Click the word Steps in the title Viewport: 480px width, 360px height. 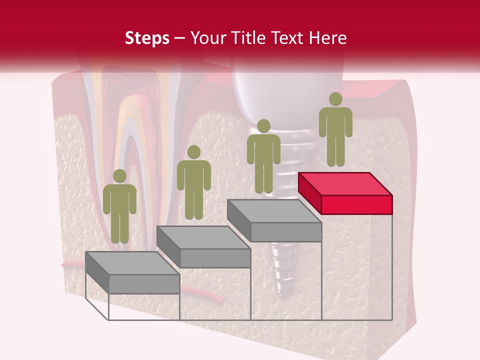(x=147, y=38)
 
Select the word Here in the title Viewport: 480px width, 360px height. (x=326, y=38)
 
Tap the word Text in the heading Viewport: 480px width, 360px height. (x=287, y=38)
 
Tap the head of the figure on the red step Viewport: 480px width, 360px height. (x=335, y=99)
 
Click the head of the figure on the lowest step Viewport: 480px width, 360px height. (x=119, y=176)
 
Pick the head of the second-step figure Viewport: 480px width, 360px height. (x=193, y=152)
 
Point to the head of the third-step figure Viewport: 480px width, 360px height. (x=263, y=126)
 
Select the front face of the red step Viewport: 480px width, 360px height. (x=356, y=204)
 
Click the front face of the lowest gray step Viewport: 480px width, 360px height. (x=144, y=284)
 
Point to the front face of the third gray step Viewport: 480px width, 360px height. (x=285, y=232)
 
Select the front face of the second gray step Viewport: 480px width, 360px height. (x=215, y=257)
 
